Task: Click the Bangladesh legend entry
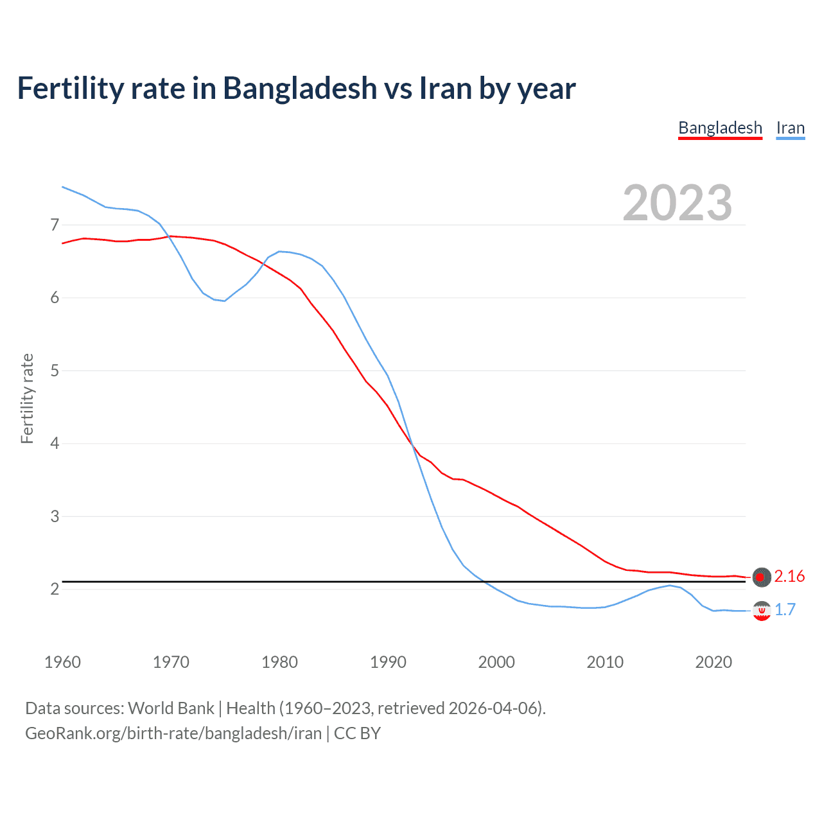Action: click(720, 128)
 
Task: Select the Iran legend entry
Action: click(790, 128)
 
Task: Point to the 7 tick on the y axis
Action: click(55, 225)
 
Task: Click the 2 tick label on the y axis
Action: click(55, 589)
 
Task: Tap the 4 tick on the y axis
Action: click(55, 443)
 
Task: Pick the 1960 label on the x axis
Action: click(62, 662)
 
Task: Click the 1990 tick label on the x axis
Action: click(388, 662)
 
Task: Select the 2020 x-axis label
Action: click(713, 662)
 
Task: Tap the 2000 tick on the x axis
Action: click(496, 662)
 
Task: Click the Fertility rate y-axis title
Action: click(27, 398)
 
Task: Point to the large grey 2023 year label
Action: click(677, 203)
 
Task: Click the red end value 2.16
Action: click(789, 577)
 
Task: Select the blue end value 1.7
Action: click(785, 609)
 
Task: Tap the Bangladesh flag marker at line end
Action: click(761, 577)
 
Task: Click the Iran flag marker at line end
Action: click(761, 611)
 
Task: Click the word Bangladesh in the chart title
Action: click(300, 88)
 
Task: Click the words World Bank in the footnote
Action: click(171, 708)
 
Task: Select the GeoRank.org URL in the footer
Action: click(173, 733)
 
